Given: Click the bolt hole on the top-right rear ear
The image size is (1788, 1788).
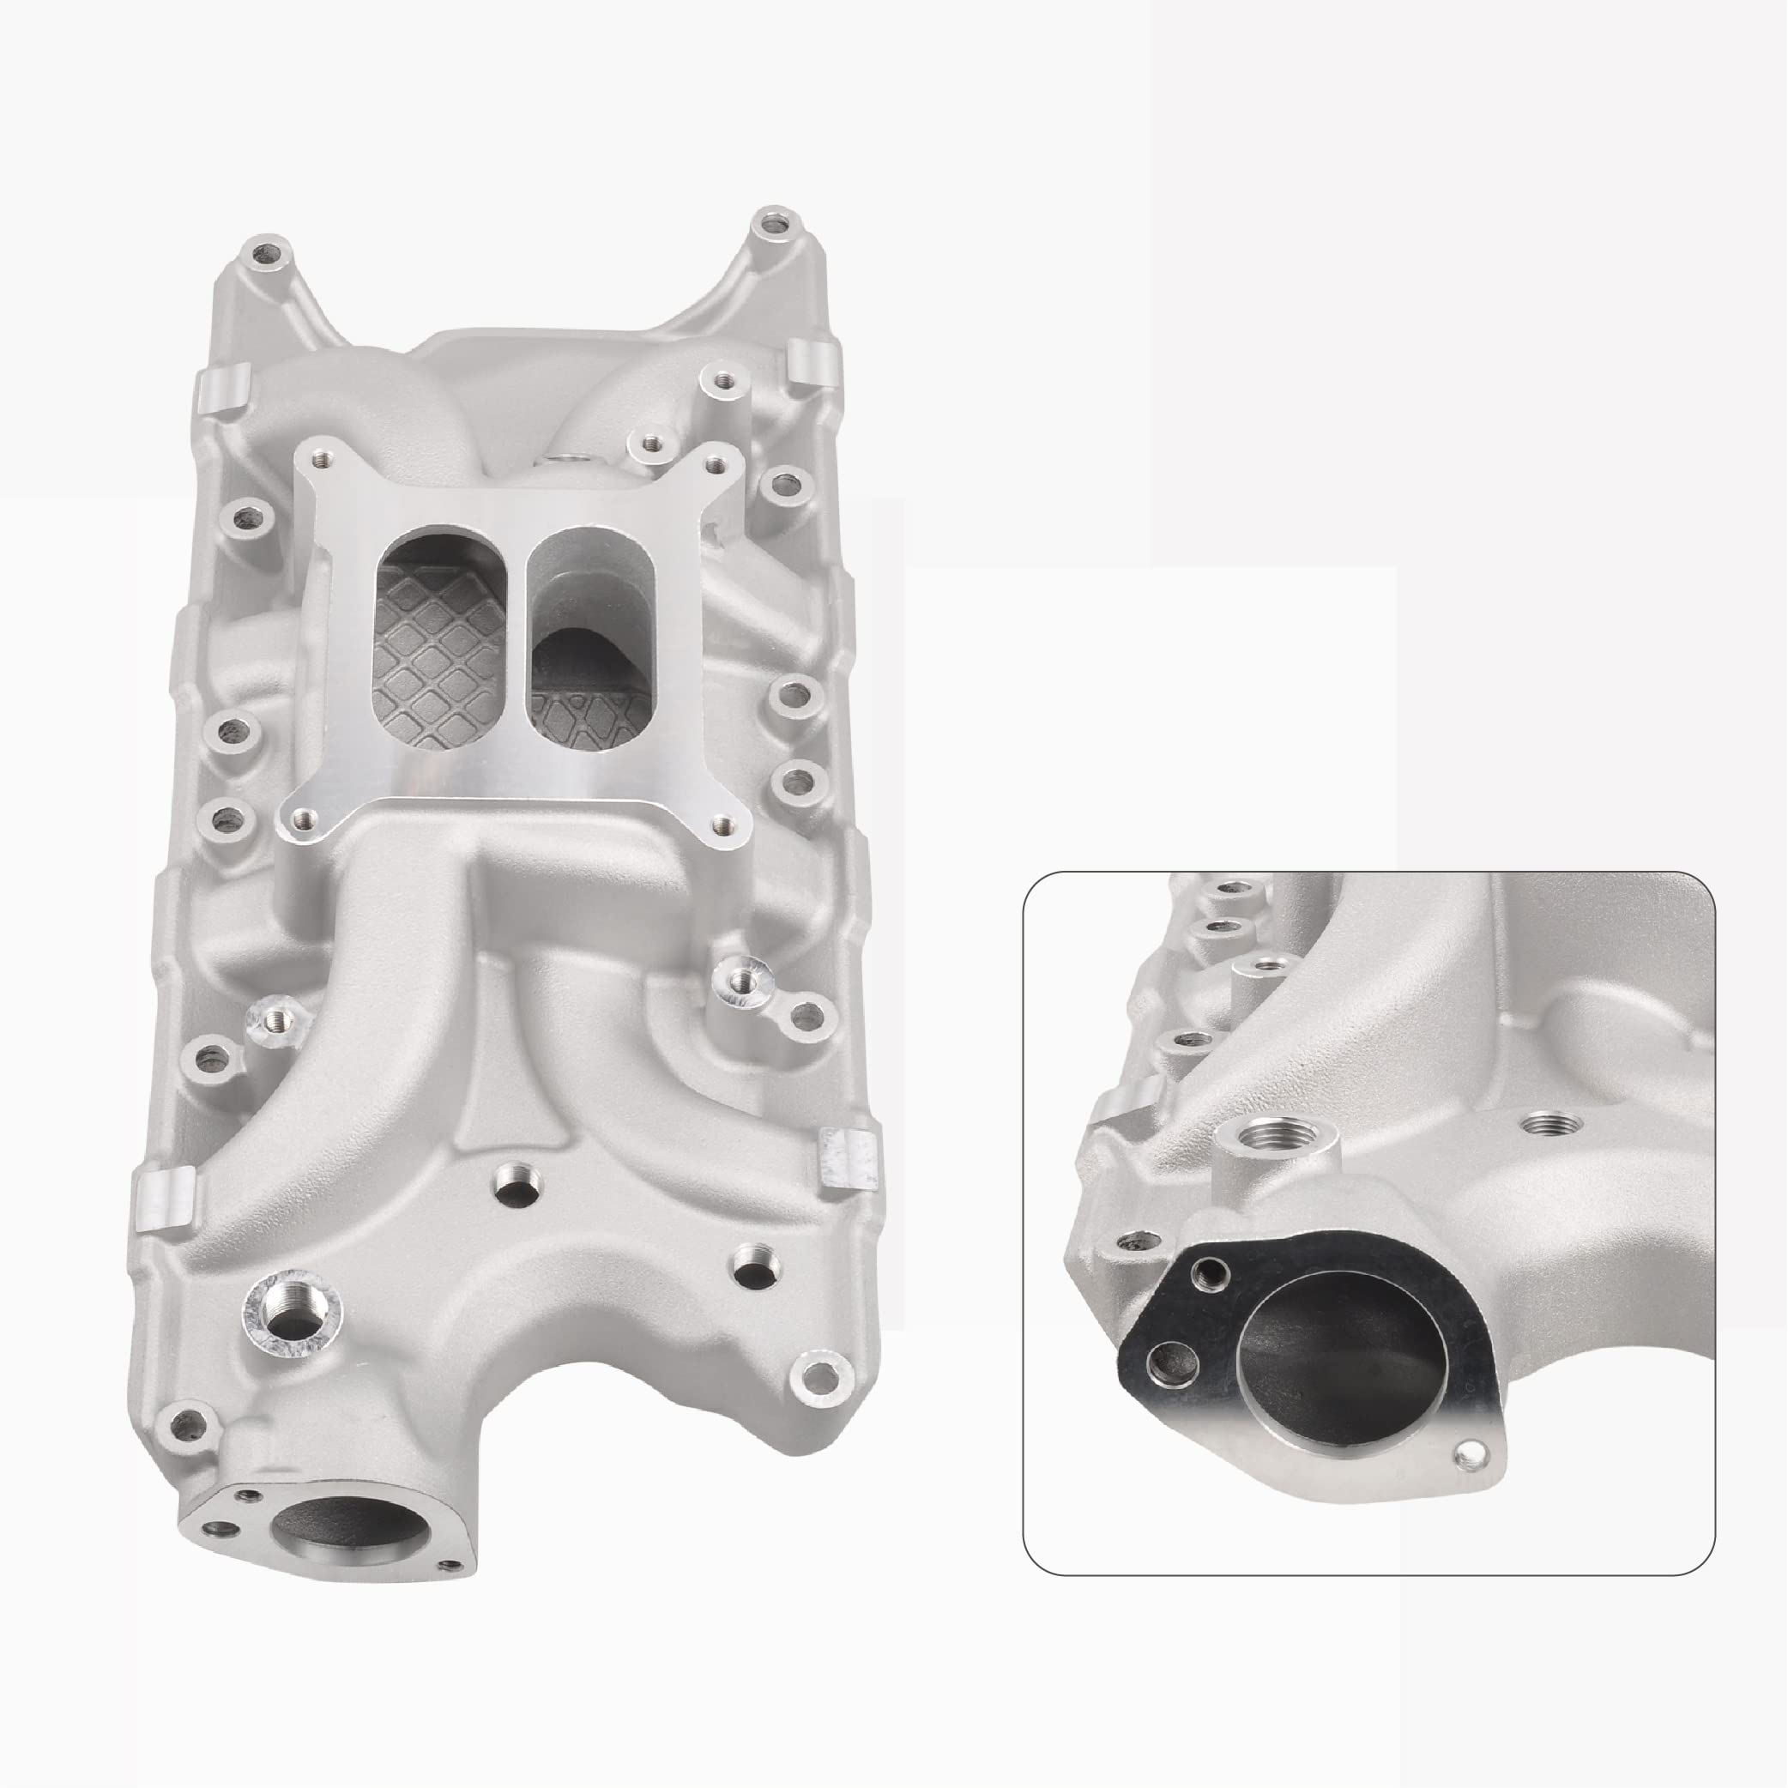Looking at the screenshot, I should [x=771, y=223].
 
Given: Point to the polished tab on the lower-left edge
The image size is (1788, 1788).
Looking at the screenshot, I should [x=164, y=1199].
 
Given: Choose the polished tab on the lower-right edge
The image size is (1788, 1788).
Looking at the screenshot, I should [x=846, y=1156].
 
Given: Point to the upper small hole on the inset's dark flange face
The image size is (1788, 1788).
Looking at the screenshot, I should [x=1207, y=1274].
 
